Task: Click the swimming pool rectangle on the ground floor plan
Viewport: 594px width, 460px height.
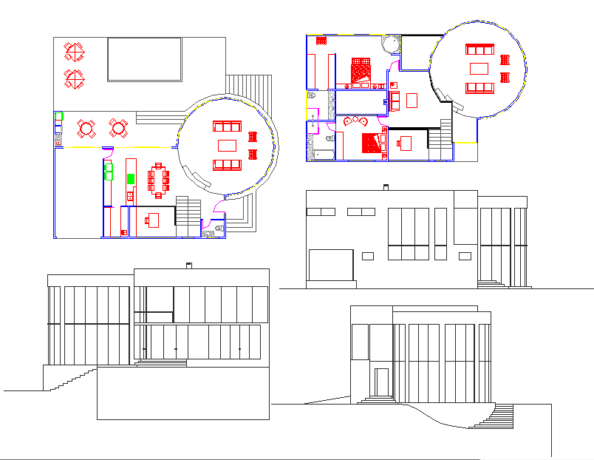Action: tap(145, 59)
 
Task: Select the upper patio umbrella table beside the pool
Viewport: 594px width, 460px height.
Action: tap(75, 52)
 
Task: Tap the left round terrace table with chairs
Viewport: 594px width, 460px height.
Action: tap(86, 129)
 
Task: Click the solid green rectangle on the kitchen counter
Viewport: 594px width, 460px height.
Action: tap(131, 178)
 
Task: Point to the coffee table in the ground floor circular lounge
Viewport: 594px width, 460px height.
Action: tap(227, 145)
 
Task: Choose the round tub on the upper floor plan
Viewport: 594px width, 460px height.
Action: tap(390, 44)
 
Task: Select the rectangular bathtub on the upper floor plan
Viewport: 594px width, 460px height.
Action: tap(324, 155)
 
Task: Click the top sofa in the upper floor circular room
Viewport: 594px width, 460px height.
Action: tap(479, 50)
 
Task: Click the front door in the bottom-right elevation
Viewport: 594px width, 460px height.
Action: tap(381, 382)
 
